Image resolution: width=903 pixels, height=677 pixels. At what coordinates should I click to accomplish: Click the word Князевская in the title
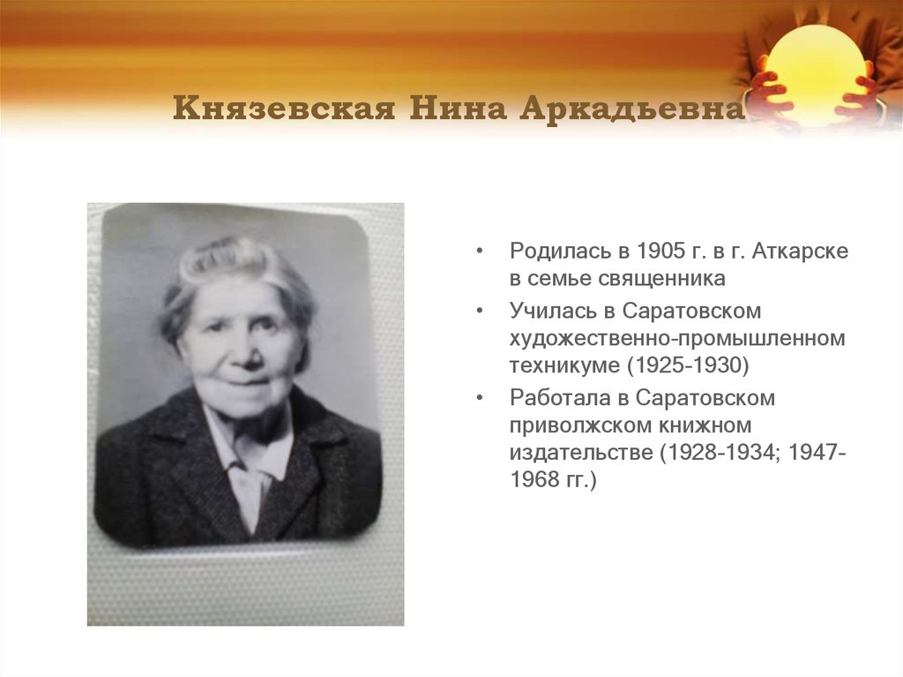pos(283,110)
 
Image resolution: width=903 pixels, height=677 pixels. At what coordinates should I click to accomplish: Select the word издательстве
pos(571,453)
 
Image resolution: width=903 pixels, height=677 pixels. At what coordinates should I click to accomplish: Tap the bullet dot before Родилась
pos(479,252)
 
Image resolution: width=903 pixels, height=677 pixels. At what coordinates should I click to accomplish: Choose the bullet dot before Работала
pos(479,399)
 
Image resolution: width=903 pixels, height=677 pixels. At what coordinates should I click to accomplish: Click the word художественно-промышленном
pos(676,338)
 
